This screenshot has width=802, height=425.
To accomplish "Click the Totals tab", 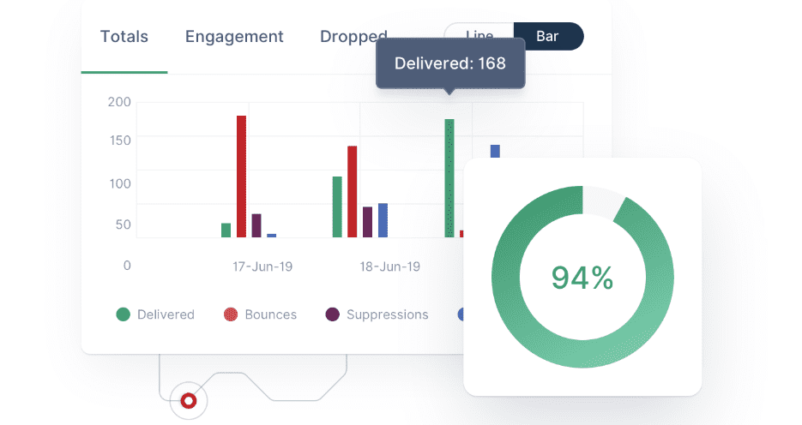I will click(x=124, y=37).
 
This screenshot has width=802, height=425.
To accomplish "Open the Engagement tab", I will click(x=234, y=37).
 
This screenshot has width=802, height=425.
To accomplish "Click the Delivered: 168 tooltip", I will click(x=449, y=63).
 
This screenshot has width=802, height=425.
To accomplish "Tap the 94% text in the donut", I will click(x=582, y=278).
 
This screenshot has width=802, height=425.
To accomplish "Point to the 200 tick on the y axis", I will click(x=119, y=102).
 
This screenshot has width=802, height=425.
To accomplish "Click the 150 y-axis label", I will click(x=119, y=141).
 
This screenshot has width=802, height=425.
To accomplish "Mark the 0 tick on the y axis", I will click(x=127, y=266).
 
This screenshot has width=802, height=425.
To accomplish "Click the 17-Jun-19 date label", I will click(x=262, y=266).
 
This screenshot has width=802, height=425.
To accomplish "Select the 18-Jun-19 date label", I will click(x=389, y=266).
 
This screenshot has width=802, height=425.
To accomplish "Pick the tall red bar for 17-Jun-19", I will click(x=242, y=177).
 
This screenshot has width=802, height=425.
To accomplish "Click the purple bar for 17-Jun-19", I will click(x=256, y=225).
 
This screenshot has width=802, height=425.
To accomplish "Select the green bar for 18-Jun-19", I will click(x=337, y=207).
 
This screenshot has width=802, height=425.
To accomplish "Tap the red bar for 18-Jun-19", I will click(x=352, y=191).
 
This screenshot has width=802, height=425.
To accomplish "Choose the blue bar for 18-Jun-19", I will click(x=383, y=220).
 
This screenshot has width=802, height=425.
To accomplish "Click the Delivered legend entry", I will click(x=155, y=314).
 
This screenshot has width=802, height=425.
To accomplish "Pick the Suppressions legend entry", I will click(x=377, y=314).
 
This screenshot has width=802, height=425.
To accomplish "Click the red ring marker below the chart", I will click(x=188, y=400).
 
